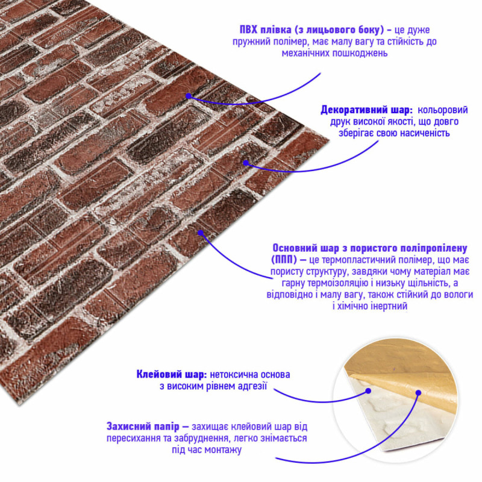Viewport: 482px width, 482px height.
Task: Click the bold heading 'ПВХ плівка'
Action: pos(265,30)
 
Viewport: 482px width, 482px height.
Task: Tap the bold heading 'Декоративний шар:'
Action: pos(367,110)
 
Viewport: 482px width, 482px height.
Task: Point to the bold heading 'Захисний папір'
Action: pos(143,427)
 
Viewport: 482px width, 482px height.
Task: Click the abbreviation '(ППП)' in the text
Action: pos(284,260)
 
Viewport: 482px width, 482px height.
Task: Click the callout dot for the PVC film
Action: pos(189,96)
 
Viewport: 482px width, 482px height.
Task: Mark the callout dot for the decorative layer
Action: pos(246,163)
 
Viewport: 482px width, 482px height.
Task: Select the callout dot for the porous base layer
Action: pos(201,233)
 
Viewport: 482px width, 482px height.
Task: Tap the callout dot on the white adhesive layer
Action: pos(368,391)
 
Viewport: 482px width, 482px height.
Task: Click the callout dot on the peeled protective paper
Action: pos(418,393)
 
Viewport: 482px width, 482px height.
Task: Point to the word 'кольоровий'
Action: pos(443,110)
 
